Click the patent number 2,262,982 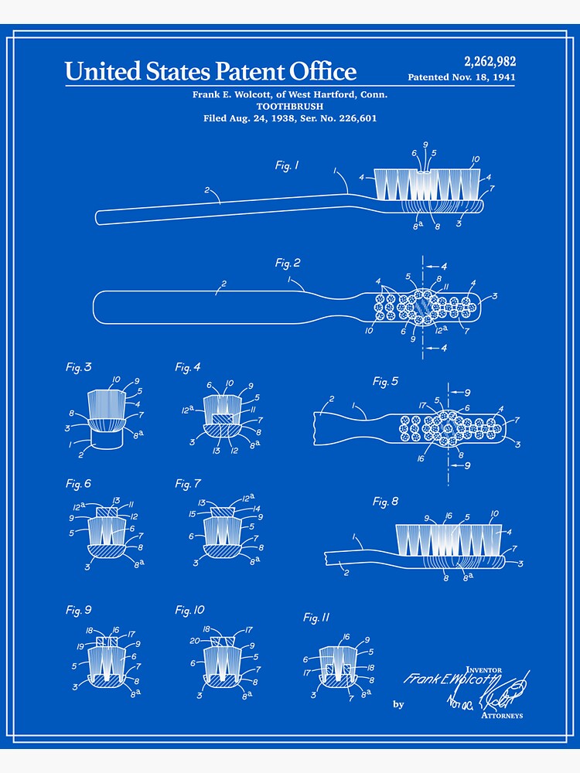click(490, 62)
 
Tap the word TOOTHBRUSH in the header click(290, 106)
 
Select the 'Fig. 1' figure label click(287, 165)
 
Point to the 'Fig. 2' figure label click(288, 263)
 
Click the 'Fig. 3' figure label click(78, 367)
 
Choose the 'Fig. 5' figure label click(385, 381)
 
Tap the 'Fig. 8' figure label click(385, 502)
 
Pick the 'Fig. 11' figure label click(316, 617)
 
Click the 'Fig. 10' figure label click(189, 611)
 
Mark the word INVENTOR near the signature click(483, 669)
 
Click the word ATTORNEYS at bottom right click(501, 716)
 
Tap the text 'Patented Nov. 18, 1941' click(461, 77)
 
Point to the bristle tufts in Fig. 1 click(426, 183)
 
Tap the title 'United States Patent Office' click(210, 72)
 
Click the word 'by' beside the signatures click(398, 704)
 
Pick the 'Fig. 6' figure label click(78, 484)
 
